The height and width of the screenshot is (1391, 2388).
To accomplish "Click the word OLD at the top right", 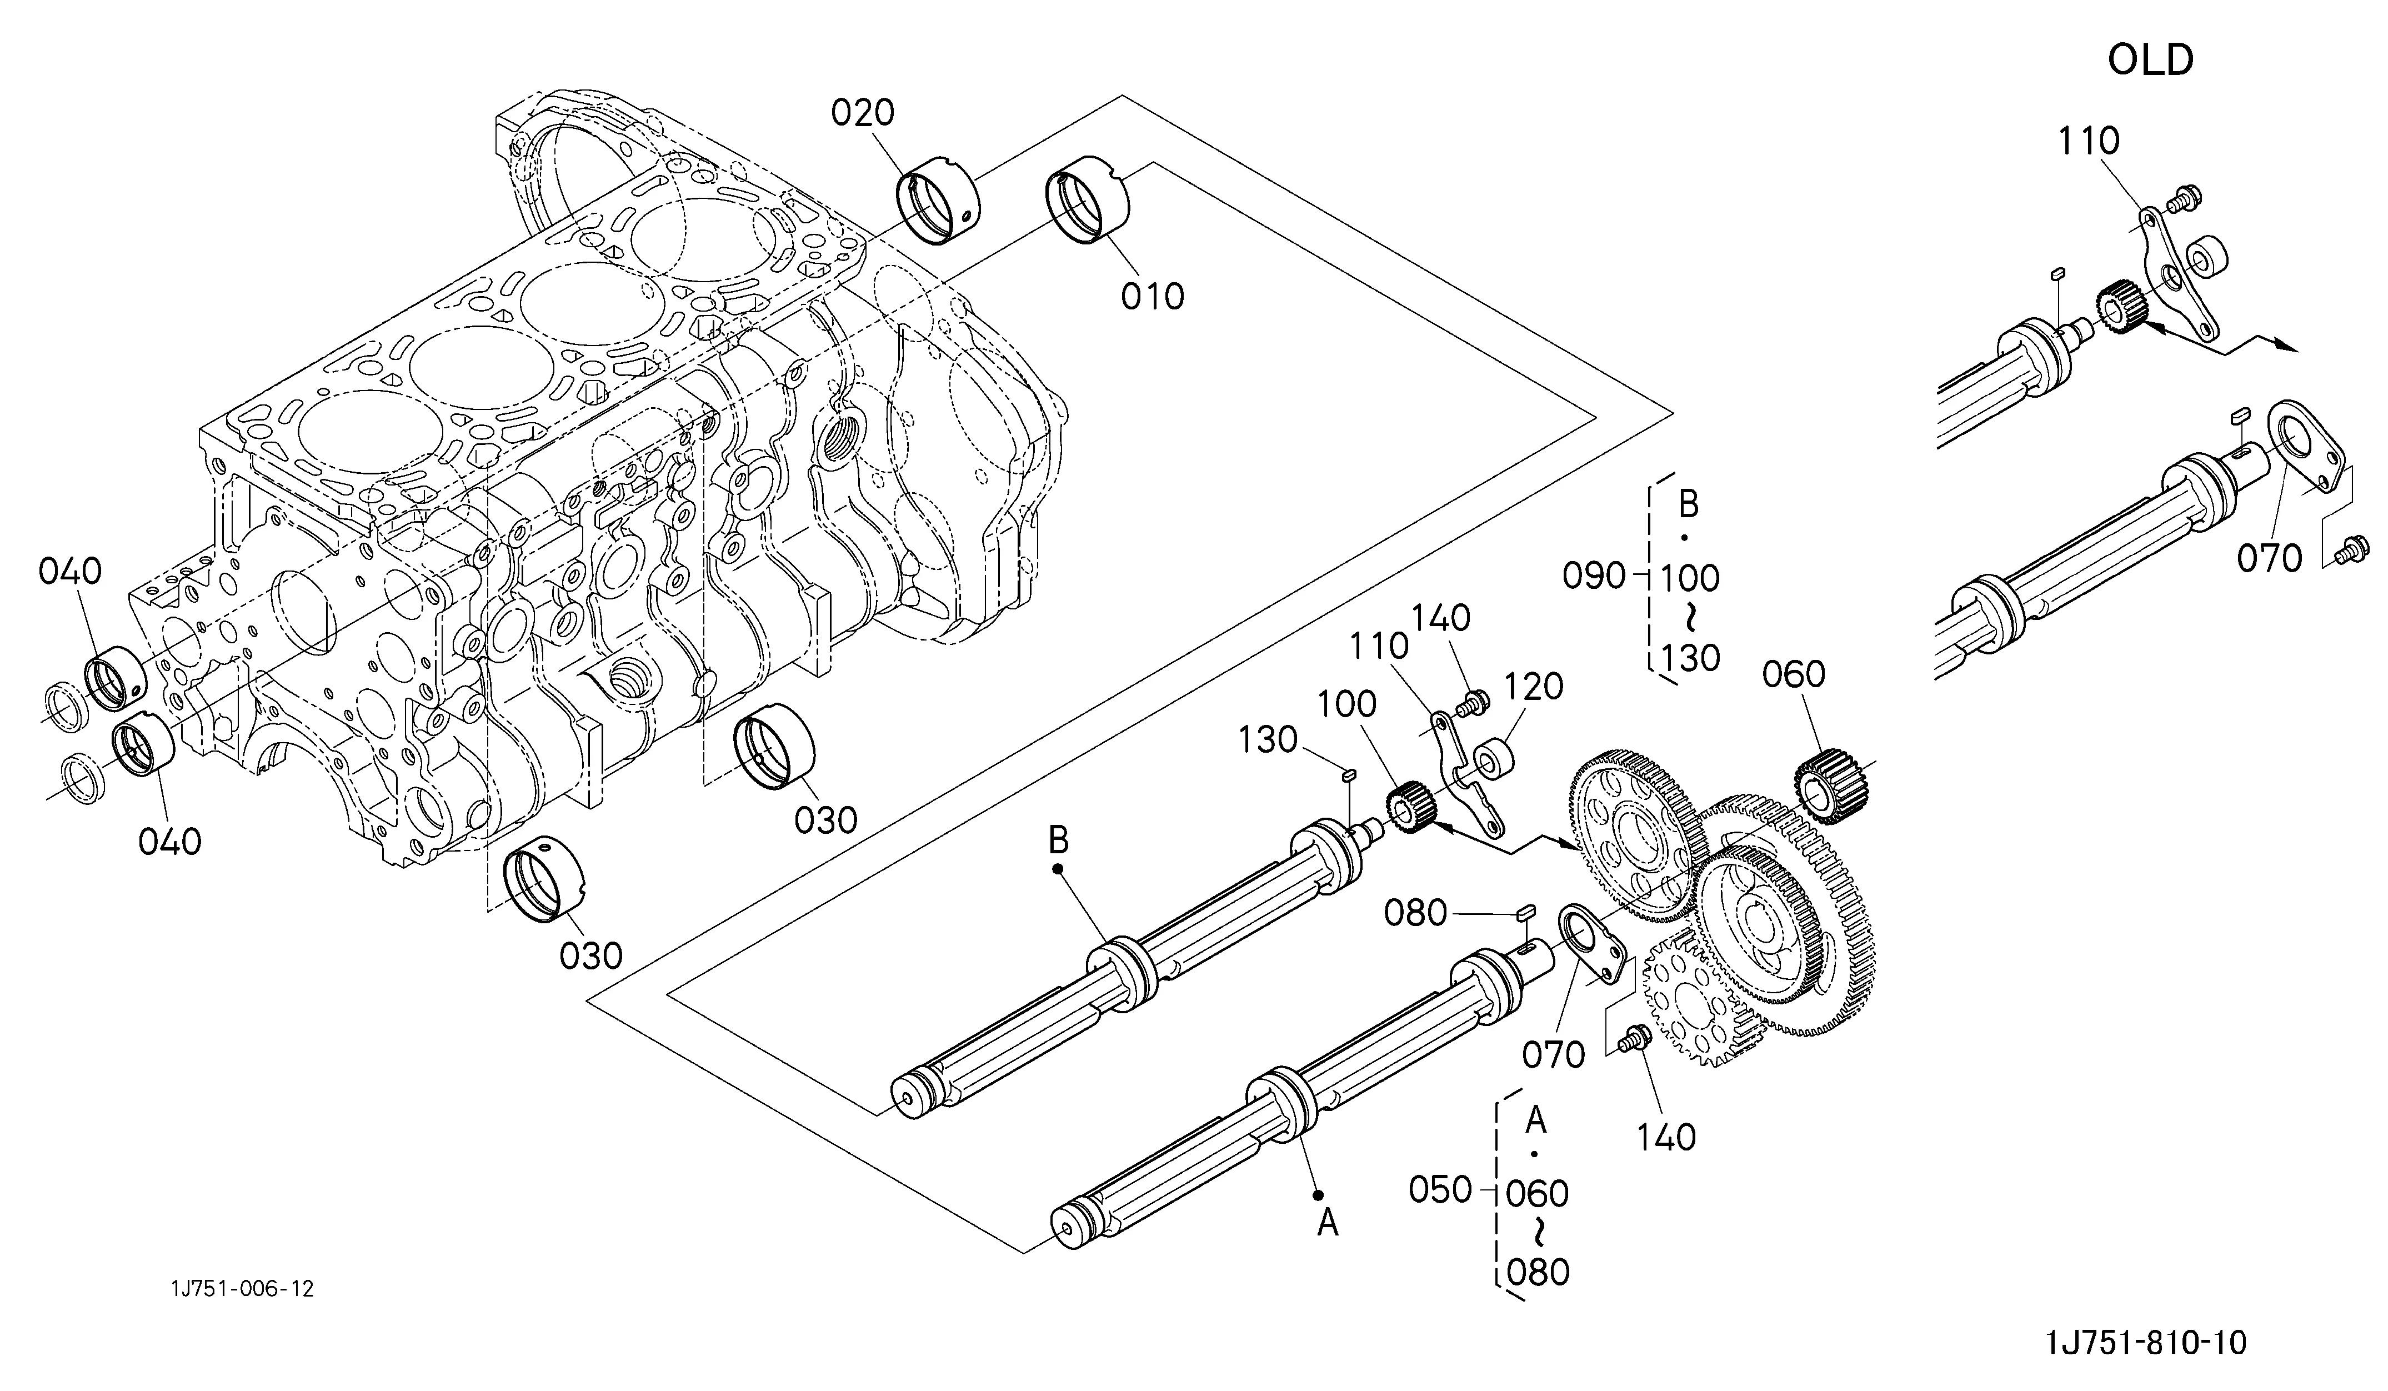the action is click(x=2150, y=61).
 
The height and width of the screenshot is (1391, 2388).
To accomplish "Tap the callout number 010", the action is click(x=1152, y=297).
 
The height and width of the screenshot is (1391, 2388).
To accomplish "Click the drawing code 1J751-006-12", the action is click(x=243, y=1289).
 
